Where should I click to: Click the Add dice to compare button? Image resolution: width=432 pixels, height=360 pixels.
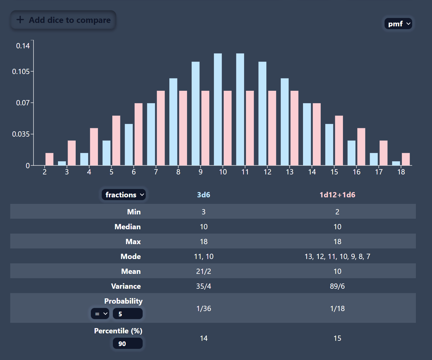(63, 20)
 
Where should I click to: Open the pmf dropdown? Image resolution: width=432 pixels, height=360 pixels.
(398, 24)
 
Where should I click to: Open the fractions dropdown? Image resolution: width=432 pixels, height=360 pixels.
(123, 195)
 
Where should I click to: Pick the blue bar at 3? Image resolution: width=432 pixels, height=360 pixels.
(62, 163)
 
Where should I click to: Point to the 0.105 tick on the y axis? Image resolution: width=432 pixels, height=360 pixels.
(21, 72)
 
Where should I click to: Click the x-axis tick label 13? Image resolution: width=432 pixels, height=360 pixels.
(290, 172)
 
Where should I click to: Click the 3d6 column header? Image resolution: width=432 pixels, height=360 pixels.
(203, 195)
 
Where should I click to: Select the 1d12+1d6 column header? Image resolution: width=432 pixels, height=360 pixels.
(337, 195)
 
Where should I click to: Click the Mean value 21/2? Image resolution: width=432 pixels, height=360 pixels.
(203, 271)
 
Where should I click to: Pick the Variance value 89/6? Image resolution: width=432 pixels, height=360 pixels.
(337, 286)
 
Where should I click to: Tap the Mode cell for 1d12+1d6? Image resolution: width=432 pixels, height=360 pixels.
(337, 257)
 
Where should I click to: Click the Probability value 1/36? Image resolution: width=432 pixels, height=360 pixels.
(203, 309)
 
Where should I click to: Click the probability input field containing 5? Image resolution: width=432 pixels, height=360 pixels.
(127, 314)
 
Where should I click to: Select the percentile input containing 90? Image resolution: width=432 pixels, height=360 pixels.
(127, 344)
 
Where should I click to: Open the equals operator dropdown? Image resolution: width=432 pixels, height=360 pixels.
(100, 314)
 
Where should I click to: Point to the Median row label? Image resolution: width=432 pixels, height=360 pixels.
(127, 227)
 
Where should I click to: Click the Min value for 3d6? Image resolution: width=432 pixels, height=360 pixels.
(203, 212)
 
